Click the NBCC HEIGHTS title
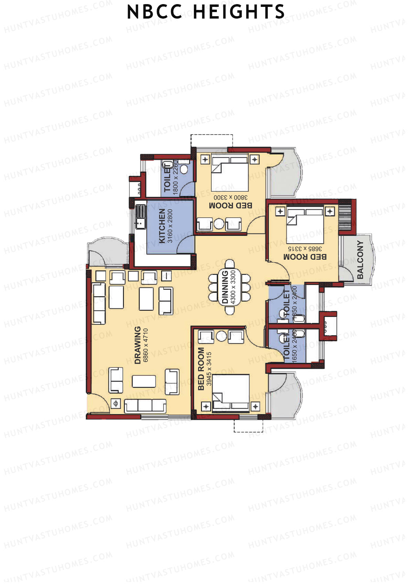click(206, 12)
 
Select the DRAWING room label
click(138, 345)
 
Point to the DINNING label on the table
click(225, 287)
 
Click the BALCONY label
click(360, 259)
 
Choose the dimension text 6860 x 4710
click(146, 345)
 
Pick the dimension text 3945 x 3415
click(209, 369)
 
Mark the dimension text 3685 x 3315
click(305, 248)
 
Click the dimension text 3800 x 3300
click(231, 198)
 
